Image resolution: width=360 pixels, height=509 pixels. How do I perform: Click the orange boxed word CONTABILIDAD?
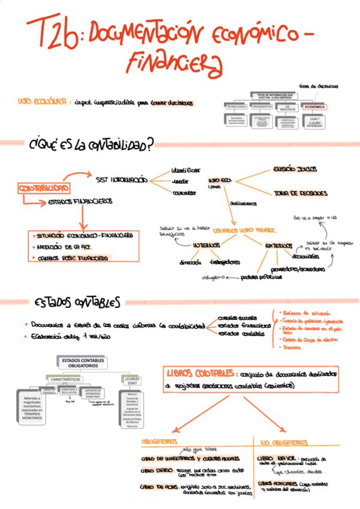click(44, 188)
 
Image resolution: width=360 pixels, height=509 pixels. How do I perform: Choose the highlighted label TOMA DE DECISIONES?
click(301, 193)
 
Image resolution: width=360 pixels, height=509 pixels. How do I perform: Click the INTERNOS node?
click(197, 245)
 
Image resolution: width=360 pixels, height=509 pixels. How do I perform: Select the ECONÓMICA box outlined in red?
click(314, 107)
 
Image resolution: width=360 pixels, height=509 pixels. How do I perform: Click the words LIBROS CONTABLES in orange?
click(200, 373)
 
